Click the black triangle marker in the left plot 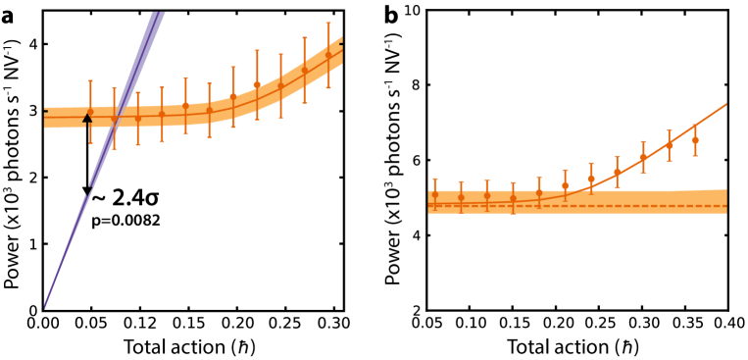coord(87,119)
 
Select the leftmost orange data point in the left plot coord(91,112)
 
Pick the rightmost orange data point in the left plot coord(328,56)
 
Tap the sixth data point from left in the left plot coord(209,110)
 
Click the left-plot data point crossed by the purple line coord(114,120)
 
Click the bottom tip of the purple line coord(45,307)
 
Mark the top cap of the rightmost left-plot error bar coord(328,24)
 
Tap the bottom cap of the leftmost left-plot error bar coord(91,143)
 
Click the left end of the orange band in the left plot coord(45,118)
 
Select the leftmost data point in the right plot coord(435,194)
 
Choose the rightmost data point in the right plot coord(695,140)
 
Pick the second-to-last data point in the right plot coord(670,145)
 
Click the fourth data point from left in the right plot coord(513,198)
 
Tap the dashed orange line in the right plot coord(588,206)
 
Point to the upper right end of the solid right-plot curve coord(725,104)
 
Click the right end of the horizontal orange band coord(725,201)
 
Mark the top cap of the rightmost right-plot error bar coord(695,125)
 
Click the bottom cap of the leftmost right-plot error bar coord(435,210)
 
